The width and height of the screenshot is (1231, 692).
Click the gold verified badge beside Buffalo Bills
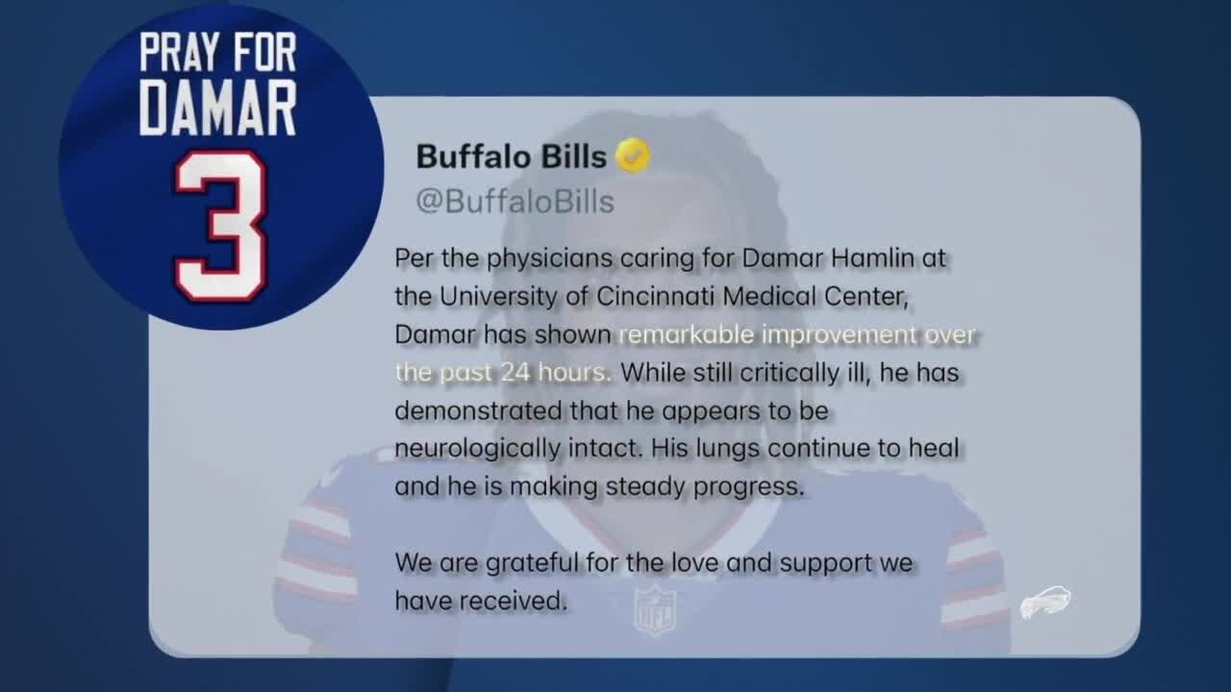(633, 156)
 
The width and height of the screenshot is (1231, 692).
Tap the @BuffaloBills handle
(515, 201)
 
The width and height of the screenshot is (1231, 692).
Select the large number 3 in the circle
(220, 226)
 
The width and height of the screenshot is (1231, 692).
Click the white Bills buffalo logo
(1045, 604)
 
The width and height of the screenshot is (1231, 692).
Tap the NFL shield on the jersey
(655, 609)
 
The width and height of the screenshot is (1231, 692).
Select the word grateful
(526, 562)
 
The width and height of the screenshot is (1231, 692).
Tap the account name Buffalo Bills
(511, 156)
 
